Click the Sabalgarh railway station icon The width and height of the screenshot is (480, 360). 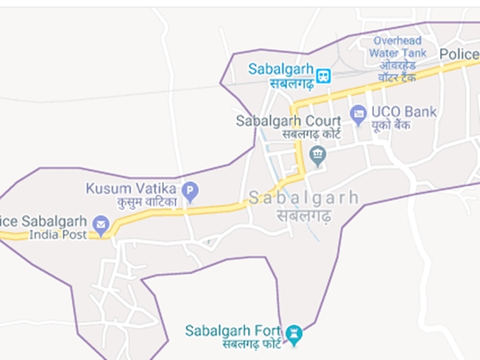(323, 75)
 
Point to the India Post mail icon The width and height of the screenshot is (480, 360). (101, 224)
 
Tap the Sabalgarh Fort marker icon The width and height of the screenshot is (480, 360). (294, 332)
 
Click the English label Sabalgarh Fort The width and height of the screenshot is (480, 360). (234, 330)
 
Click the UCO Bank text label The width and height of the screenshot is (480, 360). (405, 112)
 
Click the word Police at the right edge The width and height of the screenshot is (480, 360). (459, 53)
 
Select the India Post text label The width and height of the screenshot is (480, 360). (58, 235)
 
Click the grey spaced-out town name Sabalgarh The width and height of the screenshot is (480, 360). (303, 198)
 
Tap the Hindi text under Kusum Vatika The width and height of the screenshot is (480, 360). (146, 203)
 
